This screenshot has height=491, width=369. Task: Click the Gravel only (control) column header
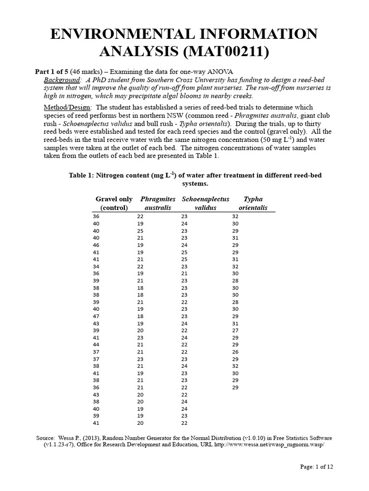pos(114,203)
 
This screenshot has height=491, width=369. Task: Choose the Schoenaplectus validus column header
pos(205,203)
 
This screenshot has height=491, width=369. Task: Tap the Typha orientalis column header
pos(253,203)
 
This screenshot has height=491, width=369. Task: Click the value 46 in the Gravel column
pos(96,245)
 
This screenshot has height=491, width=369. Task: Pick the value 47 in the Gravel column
pos(96,317)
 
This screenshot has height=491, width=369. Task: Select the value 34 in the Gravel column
pos(96,267)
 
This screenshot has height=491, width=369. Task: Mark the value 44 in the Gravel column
pos(96,345)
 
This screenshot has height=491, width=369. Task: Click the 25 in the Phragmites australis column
pos(140,231)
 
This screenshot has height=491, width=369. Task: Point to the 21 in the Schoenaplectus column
pos(184,273)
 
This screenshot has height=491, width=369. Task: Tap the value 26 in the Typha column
pos(235,352)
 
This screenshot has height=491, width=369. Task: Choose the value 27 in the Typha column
pos(235,331)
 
